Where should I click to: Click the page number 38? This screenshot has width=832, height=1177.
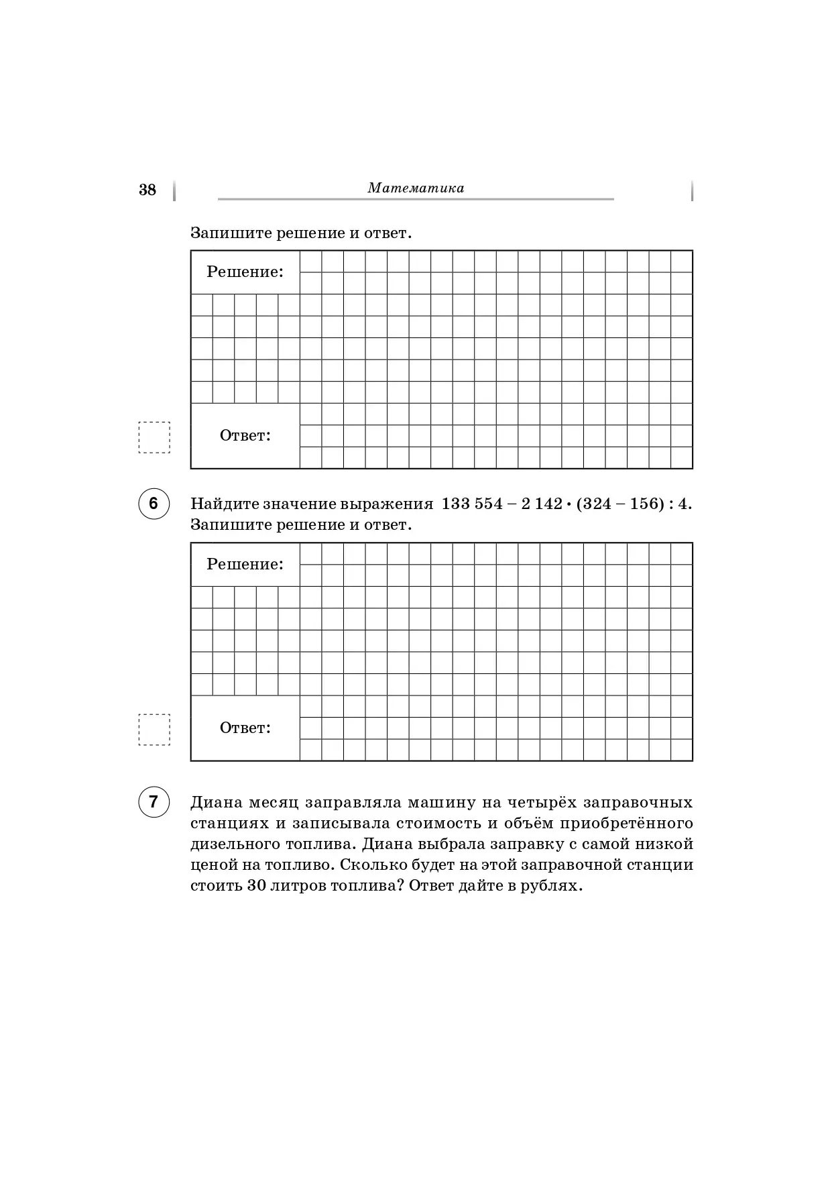(x=147, y=190)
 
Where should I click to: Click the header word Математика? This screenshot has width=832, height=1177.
(x=416, y=188)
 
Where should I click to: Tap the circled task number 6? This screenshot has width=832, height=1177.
(x=154, y=504)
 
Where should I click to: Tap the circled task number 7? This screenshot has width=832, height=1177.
(x=154, y=802)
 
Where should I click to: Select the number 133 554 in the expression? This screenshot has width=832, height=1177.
(x=472, y=504)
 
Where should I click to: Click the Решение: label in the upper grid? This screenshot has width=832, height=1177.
(x=245, y=272)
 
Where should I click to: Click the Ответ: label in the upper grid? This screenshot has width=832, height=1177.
(x=245, y=436)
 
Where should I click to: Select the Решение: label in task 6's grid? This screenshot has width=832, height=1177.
(x=245, y=565)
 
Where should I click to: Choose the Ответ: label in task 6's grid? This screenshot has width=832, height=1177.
(x=245, y=728)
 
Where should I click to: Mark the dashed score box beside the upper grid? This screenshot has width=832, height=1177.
(x=154, y=437)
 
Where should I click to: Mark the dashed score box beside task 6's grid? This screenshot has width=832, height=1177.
(x=154, y=730)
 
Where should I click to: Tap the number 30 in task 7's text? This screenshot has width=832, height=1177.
(x=257, y=885)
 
